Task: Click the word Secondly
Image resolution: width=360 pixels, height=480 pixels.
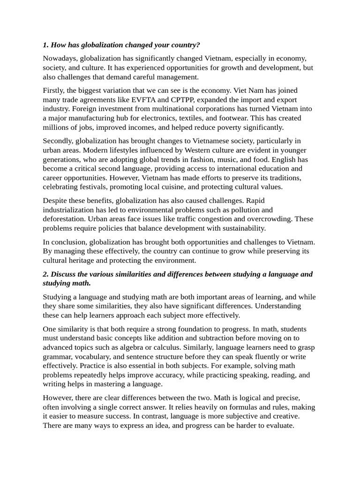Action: point(58,141)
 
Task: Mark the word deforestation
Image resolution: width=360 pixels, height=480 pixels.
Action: point(64,219)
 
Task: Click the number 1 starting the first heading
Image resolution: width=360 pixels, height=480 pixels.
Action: point(45,45)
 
